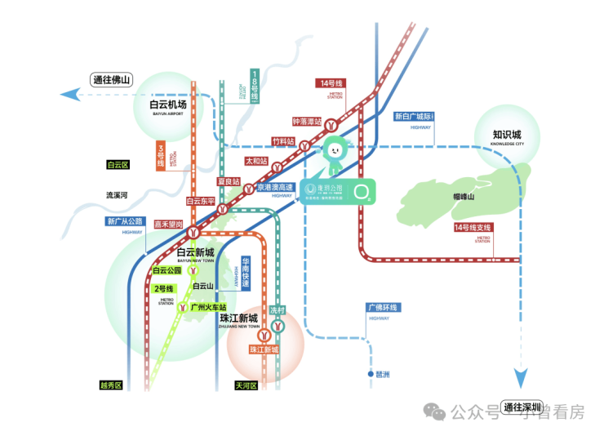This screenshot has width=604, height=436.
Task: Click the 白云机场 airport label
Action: [168, 105]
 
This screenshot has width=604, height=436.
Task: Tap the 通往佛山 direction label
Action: [113, 79]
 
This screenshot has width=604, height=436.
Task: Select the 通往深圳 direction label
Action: [523, 406]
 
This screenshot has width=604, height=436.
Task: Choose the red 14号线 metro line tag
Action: [332, 83]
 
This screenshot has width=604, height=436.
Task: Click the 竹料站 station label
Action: [283, 140]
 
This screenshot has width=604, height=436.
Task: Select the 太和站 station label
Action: [257, 161]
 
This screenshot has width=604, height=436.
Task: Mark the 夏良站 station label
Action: [229, 181]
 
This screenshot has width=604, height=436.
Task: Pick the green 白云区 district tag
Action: [118, 164]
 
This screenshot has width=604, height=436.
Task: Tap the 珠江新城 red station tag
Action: [264, 349]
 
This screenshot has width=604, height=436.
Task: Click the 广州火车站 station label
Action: [207, 307]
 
